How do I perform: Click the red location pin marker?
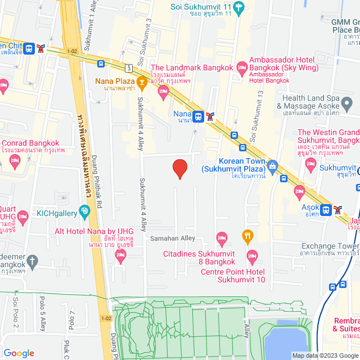click(179, 169)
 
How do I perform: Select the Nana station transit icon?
click(198, 116)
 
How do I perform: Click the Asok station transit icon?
click(326, 210)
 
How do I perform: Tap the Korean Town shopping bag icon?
click(273, 165)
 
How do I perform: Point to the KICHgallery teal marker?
click(84, 212)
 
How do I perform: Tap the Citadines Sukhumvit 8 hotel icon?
click(222, 238)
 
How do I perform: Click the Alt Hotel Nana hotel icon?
click(120, 256)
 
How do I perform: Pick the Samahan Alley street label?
click(173, 238)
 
